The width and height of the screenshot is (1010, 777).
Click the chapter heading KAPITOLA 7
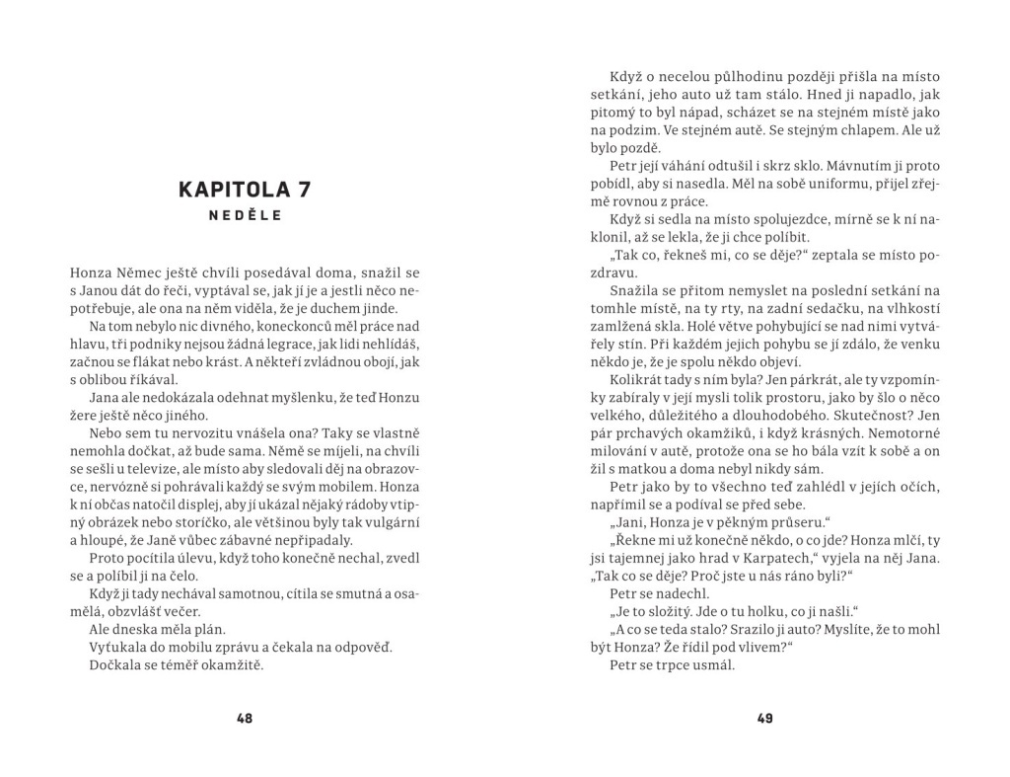pyautogui.click(x=244, y=189)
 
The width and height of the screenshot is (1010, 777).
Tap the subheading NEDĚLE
pyautogui.click(x=244, y=216)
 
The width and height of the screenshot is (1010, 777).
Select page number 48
pyautogui.click(x=245, y=719)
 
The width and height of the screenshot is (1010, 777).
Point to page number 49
pyautogui.click(x=765, y=719)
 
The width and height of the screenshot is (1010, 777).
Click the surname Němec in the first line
pyautogui.click(x=140, y=272)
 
